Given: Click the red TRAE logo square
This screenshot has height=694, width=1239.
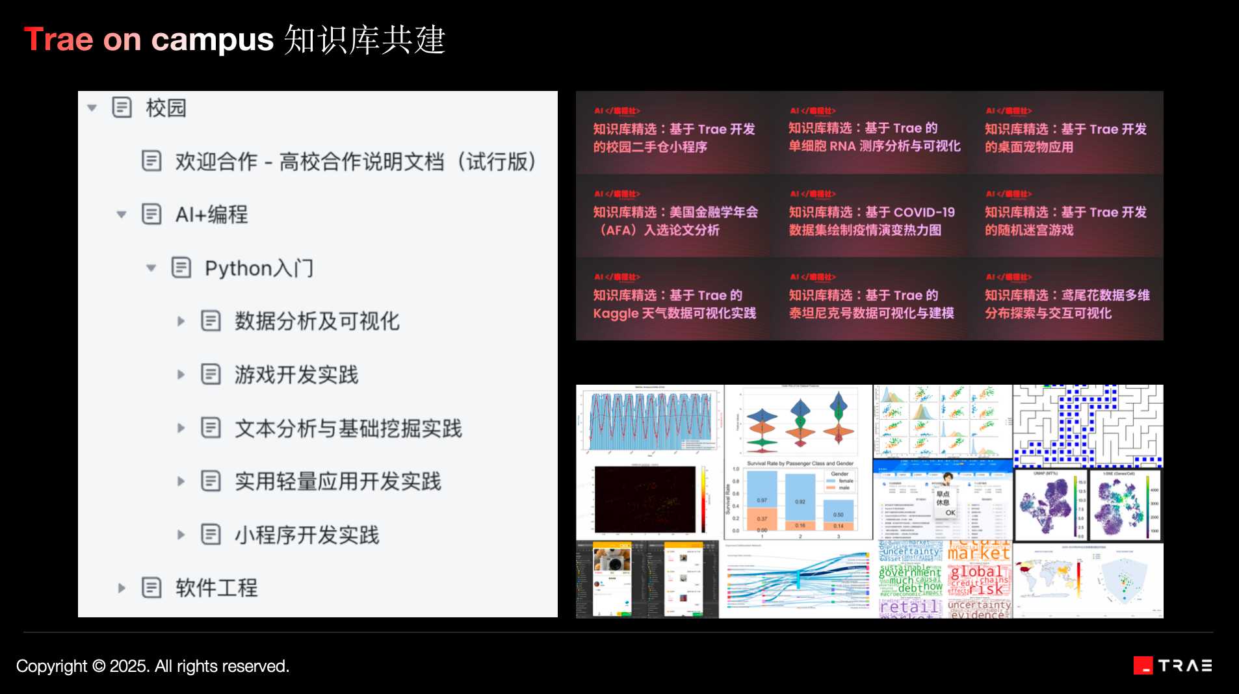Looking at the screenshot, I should click(x=1143, y=665).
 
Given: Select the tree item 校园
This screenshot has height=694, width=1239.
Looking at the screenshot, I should click(x=166, y=108).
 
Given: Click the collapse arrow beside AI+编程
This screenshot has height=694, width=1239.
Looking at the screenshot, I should click(x=122, y=214).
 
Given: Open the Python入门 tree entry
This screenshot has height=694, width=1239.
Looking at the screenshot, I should click(x=259, y=268).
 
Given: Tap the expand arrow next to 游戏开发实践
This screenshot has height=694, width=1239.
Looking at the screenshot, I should click(x=181, y=374).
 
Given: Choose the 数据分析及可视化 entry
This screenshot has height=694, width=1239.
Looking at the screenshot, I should click(x=317, y=321).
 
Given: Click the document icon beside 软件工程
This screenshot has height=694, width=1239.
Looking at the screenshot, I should click(x=151, y=588).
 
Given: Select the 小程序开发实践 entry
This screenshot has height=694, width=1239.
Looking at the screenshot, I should click(x=306, y=535).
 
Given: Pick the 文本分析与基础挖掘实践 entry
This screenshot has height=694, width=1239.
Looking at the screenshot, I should click(x=348, y=428).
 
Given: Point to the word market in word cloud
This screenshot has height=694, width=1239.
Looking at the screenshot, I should click(x=978, y=553).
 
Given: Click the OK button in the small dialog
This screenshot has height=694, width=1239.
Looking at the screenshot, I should click(x=950, y=513).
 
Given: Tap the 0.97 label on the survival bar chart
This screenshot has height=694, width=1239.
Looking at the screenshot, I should click(x=762, y=500).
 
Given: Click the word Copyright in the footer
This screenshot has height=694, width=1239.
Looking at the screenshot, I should click(x=51, y=666).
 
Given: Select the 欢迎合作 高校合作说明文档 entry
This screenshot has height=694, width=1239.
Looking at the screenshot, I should click(x=355, y=161).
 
